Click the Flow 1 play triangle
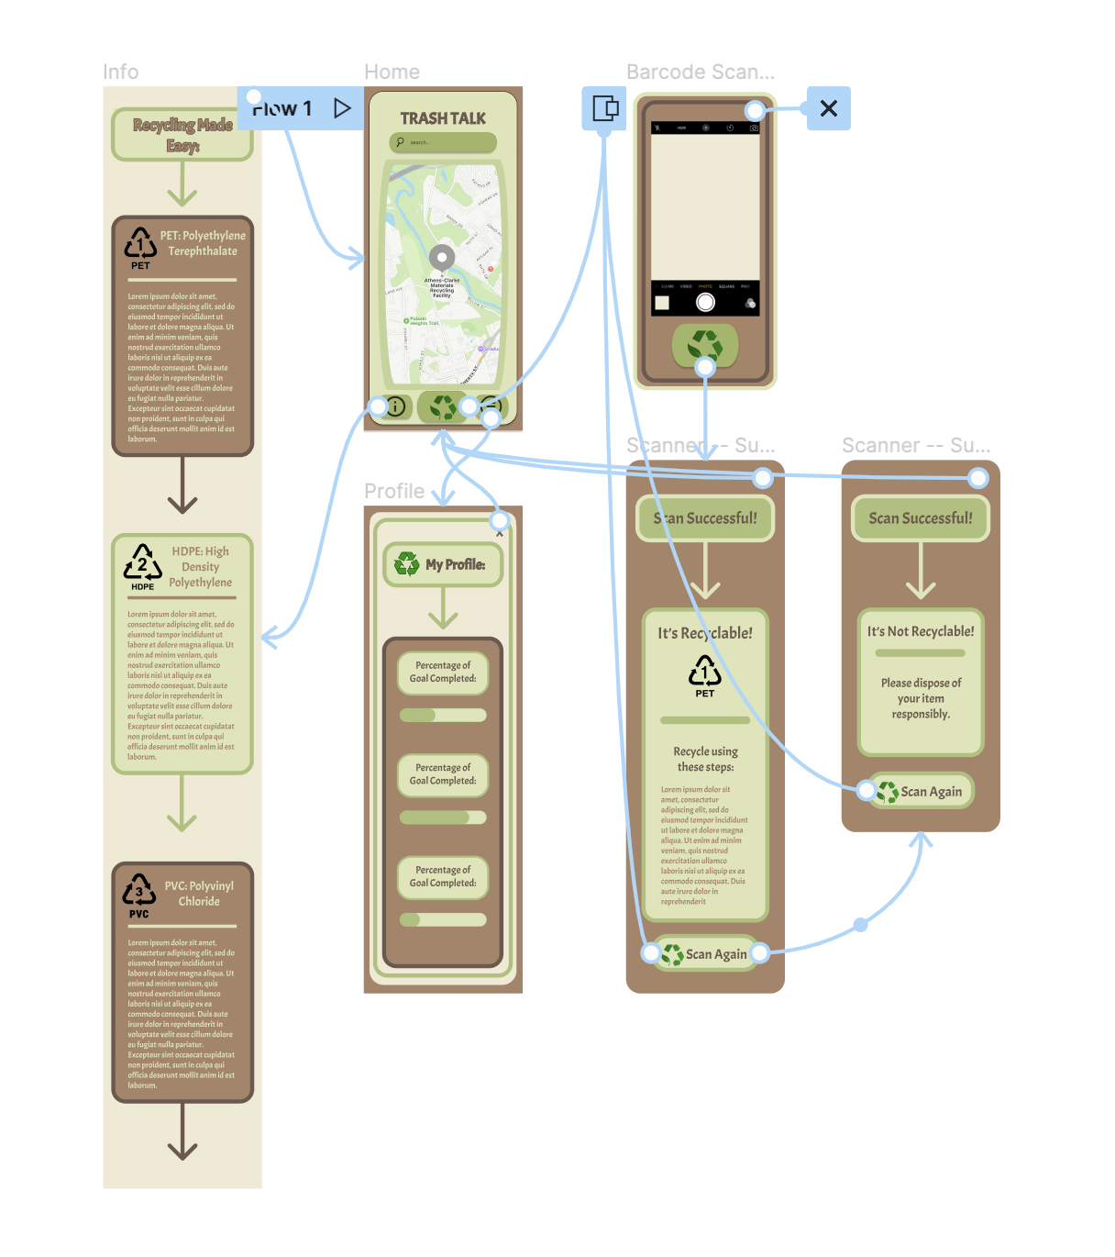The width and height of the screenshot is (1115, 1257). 342,108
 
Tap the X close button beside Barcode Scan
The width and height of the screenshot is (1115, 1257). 829,108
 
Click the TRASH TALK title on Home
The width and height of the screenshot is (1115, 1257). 443,118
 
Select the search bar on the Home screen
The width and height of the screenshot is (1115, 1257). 443,142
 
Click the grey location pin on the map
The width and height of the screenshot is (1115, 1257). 442,258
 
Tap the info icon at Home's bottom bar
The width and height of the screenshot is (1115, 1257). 396,406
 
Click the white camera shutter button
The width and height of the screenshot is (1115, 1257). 705,302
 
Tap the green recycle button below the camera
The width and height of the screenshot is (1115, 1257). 705,345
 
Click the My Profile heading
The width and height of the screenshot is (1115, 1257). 444,565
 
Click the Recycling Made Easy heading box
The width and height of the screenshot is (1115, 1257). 182,135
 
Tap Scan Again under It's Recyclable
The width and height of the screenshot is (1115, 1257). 705,954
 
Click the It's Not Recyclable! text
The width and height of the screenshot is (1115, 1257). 921,631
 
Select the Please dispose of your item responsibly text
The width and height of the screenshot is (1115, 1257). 921,698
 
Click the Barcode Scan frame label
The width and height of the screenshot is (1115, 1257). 701,72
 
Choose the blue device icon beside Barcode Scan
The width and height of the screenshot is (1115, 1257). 604,108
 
